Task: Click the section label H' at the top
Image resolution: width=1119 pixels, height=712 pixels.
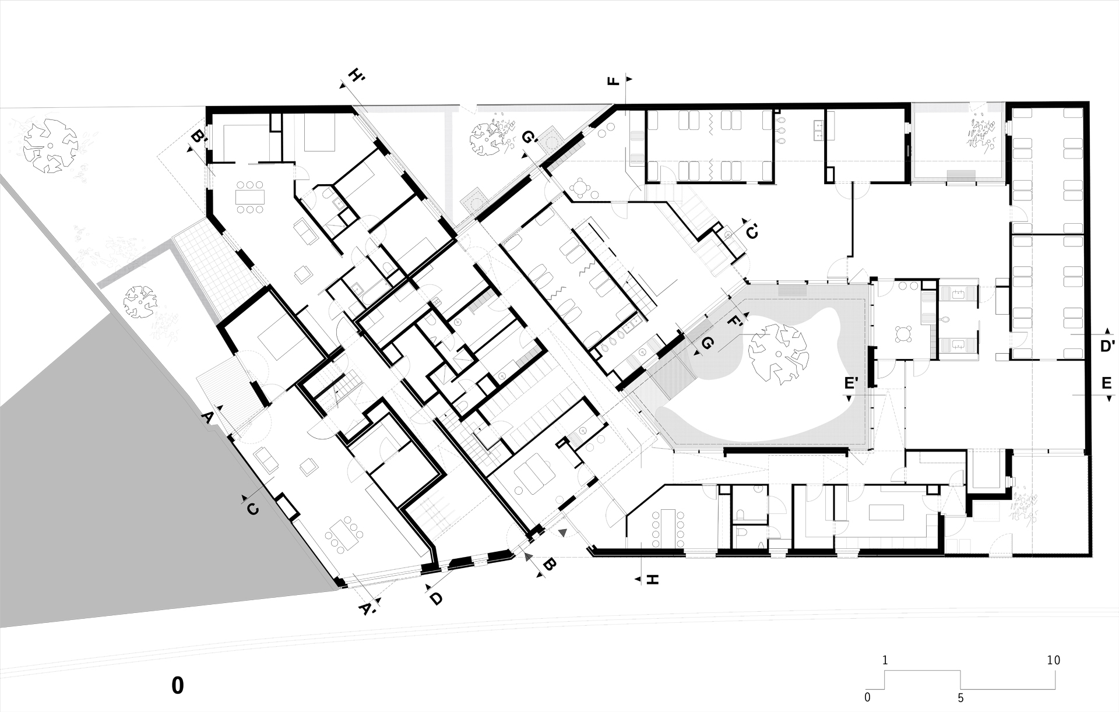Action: pos(356,77)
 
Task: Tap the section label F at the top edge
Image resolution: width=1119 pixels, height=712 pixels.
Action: pos(613,80)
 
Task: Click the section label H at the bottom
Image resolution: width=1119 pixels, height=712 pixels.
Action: pos(652,580)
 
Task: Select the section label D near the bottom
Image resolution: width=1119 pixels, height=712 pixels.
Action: pos(437,598)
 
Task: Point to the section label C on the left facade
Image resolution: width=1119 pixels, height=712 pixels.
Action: pos(252,509)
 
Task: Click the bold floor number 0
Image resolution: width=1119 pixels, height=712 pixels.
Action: pos(178,686)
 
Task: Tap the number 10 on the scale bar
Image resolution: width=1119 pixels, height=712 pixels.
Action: pos(1053,660)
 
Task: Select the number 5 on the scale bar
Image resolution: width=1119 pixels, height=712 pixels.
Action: pos(960,697)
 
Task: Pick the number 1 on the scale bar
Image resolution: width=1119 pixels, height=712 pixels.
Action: pos(885,660)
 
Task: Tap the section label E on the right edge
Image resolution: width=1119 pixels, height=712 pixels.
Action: pos(1106,383)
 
